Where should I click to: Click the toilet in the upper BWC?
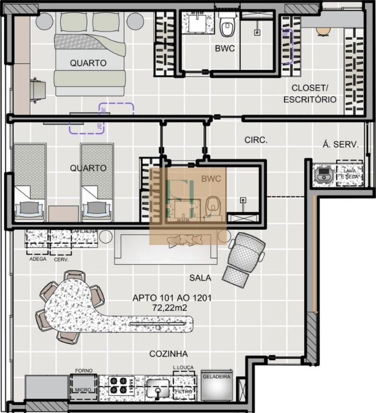227,26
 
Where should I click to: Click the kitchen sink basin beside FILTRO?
158,388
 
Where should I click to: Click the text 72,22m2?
172,307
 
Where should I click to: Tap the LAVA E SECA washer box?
349,173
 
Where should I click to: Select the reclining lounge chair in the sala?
243,259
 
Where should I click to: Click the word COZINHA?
168,354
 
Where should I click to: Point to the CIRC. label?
256,140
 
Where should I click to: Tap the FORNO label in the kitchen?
84,371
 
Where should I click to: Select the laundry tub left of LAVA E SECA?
323,173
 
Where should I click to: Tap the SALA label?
200,278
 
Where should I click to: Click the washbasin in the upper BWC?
196,23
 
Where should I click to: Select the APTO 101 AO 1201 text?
172,297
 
